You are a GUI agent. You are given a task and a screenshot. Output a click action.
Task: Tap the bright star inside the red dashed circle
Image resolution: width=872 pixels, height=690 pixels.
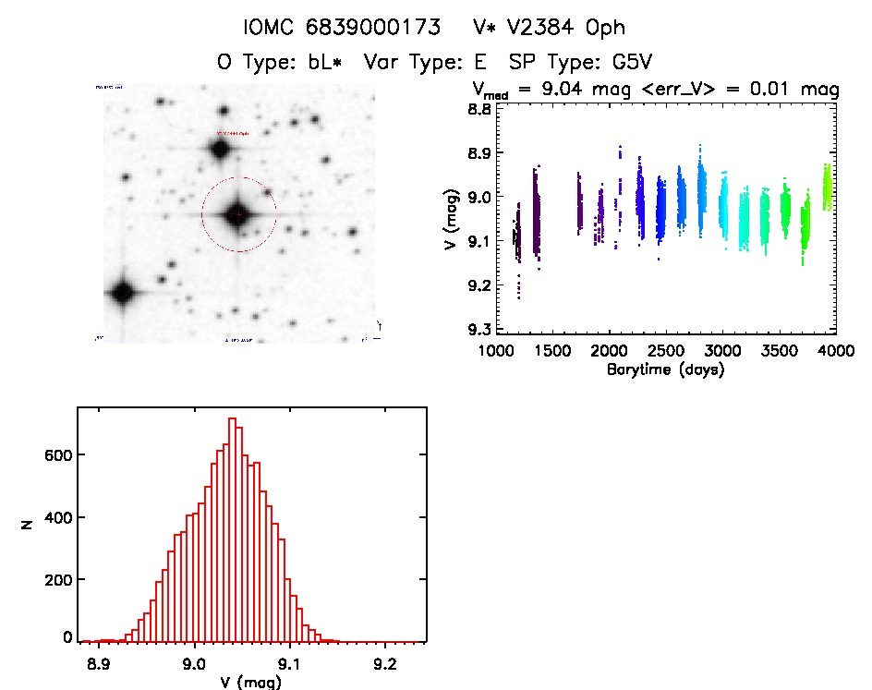point(238,214)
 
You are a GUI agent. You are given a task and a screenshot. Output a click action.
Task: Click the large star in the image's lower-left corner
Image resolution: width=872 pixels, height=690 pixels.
point(121,294)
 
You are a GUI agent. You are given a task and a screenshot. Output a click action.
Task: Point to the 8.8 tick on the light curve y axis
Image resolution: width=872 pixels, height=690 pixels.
point(478,109)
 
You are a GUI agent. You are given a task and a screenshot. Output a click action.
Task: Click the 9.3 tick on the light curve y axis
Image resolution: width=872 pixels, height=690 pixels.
point(478,329)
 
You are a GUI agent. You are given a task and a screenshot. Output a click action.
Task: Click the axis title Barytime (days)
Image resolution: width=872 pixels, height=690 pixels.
point(666,369)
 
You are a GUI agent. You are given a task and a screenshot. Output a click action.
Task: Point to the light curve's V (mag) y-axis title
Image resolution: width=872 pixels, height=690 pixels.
point(450,218)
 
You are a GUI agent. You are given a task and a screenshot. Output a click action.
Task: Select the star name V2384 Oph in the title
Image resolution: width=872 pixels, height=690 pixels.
point(551,28)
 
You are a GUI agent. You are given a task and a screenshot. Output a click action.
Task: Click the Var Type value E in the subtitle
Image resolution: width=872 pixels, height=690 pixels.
point(482,64)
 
